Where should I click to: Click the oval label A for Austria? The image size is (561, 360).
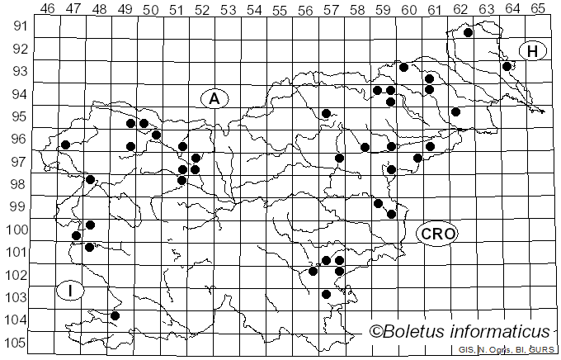pyautogui.click(x=214, y=98)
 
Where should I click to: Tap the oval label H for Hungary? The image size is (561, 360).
pyautogui.click(x=533, y=51)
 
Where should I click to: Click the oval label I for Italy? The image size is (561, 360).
pyautogui.click(x=72, y=291)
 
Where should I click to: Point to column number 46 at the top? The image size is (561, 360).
pyautogui.click(x=47, y=8)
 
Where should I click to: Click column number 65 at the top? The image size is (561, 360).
pyautogui.click(x=537, y=8)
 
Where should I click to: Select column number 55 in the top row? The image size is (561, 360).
pyautogui.click(x=279, y=8)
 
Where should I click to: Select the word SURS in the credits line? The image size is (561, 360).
pyautogui.click(x=542, y=350)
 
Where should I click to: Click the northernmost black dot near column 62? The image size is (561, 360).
pyautogui.click(x=468, y=33)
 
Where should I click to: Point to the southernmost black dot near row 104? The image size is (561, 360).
pyautogui.click(x=115, y=315)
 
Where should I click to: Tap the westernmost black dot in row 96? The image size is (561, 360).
pyautogui.click(x=65, y=145)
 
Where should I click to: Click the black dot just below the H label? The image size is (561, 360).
pyautogui.click(x=507, y=66)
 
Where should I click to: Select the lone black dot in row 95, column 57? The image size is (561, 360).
pyautogui.click(x=326, y=113)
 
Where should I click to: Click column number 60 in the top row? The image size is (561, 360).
pyautogui.click(x=408, y=8)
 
